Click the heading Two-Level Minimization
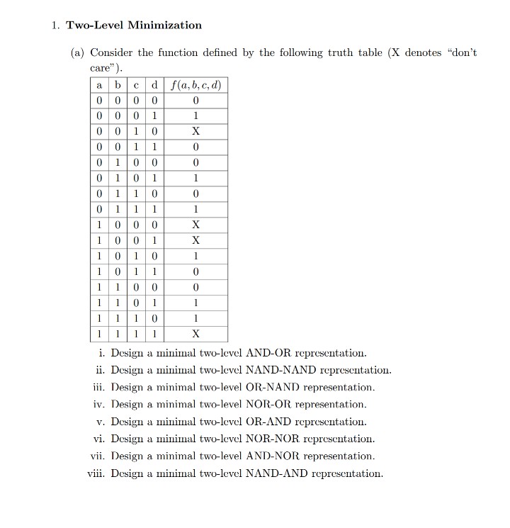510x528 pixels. [x=134, y=26]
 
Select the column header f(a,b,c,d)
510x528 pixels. [x=196, y=86]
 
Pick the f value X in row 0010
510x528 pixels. [x=196, y=132]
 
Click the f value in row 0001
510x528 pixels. [x=196, y=116]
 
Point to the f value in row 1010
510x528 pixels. [x=196, y=256]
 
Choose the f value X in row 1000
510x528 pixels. [x=196, y=225]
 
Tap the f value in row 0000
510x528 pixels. [x=196, y=101]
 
